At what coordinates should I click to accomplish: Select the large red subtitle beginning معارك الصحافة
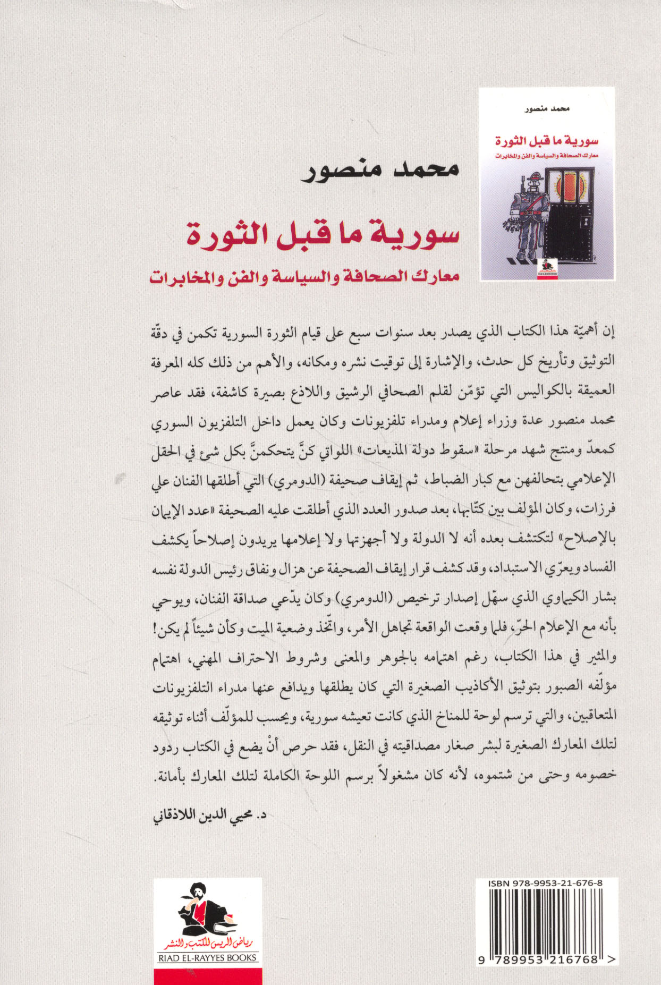(304, 277)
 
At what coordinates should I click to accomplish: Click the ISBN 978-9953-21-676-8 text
(545, 883)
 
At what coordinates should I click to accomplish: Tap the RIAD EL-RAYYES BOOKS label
(207, 958)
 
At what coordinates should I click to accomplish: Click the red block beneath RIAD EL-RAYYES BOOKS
(207, 975)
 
